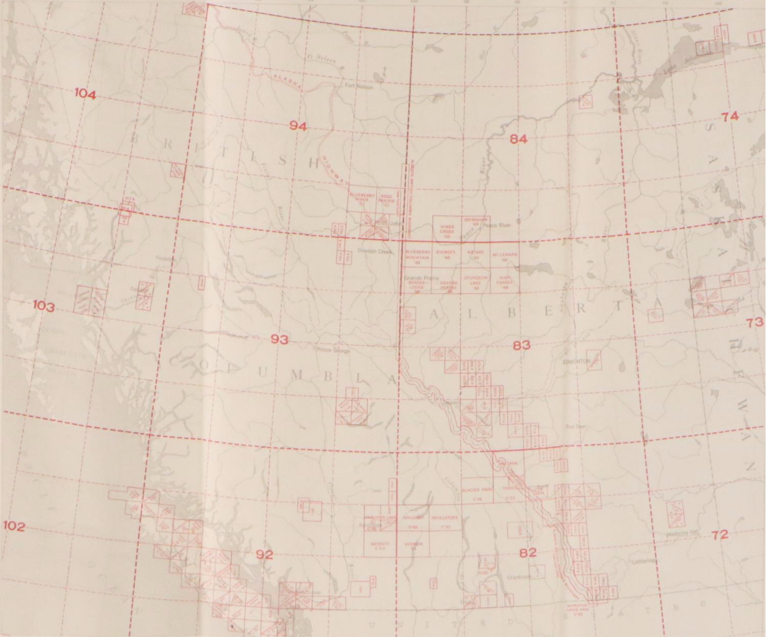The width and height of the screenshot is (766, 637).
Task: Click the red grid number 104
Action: tap(85, 94)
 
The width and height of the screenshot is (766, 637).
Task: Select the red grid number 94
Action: tap(298, 125)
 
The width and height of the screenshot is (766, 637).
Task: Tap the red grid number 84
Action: tap(518, 139)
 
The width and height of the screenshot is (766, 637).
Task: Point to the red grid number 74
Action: tap(730, 117)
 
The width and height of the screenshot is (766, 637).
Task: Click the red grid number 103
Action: tap(43, 306)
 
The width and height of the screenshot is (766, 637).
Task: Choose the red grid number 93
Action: tap(279, 339)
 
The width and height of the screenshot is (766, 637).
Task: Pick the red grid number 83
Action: tap(521, 345)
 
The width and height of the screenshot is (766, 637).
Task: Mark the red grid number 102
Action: tap(14, 526)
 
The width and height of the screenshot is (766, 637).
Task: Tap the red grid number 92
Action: tap(265, 555)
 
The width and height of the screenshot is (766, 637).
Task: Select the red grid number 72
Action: tap(719, 535)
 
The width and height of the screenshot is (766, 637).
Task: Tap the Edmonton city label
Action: tap(576, 361)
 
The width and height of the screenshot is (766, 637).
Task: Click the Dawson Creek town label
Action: tap(374, 252)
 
